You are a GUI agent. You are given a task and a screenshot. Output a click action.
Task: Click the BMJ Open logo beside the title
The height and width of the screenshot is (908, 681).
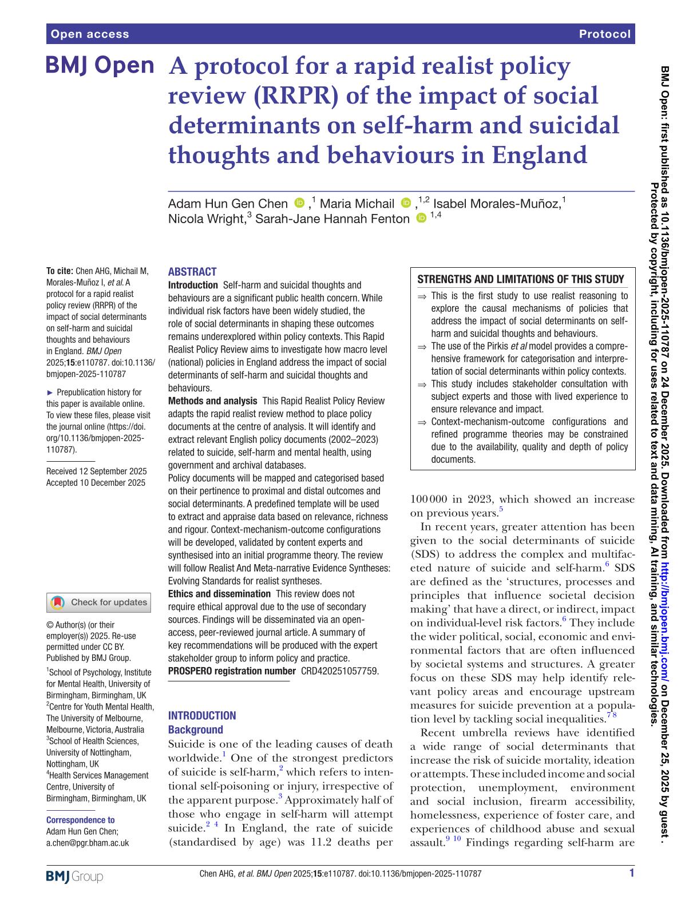click(100, 66)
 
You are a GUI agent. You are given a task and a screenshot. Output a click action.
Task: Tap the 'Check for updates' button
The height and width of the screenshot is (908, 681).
click(100, 602)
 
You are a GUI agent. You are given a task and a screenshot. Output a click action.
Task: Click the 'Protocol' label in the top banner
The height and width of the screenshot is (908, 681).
click(604, 34)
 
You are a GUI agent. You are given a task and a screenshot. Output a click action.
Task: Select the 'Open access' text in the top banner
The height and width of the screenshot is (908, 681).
click(90, 34)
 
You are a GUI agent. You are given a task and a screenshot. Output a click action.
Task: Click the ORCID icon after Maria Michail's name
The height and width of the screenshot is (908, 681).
click(406, 203)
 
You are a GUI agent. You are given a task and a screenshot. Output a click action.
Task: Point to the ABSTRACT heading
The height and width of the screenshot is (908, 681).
click(192, 272)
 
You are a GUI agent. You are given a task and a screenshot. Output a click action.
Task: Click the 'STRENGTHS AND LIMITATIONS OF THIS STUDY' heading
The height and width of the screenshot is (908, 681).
click(521, 279)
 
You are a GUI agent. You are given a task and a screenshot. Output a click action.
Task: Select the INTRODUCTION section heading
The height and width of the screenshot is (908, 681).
click(202, 715)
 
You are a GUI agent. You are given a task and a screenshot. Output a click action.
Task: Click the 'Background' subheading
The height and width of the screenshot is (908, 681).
click(195, 729)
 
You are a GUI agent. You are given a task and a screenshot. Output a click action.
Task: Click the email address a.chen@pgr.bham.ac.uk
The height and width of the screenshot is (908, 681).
click(88, 843)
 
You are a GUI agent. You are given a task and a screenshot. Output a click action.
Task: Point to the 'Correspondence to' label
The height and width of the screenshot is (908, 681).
click(80, 820)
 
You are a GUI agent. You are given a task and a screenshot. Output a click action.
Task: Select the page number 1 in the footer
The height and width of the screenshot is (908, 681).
click(631, 873)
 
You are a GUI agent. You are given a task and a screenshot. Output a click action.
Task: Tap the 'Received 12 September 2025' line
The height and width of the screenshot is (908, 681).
click(96, 471)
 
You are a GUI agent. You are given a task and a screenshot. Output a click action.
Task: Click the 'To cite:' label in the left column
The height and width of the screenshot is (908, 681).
click(60, 271)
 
